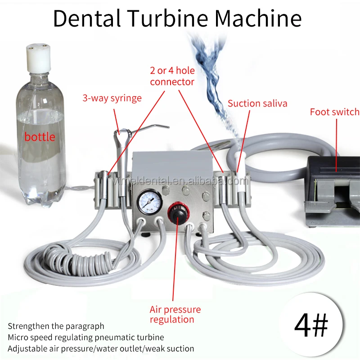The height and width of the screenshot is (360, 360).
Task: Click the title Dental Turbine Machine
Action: tap(177, 19)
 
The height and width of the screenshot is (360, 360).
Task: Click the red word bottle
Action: tap(40, 136)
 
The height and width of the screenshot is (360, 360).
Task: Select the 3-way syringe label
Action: tap(112, 98)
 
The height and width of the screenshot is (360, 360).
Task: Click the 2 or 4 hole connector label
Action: tap(172, 76)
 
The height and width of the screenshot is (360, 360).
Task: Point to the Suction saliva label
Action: tap(257, 103)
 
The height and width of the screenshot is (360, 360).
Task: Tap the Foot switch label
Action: tap(334, 112)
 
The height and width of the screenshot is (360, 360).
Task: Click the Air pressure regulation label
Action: tap(175, 315)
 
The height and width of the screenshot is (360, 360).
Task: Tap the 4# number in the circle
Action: tap(311, 324)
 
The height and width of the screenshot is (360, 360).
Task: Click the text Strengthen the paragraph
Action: tap(56, 326)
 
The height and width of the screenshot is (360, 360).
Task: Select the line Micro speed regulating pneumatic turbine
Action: tap(85, 337)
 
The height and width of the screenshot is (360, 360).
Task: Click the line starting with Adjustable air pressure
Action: tap(101, 348)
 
